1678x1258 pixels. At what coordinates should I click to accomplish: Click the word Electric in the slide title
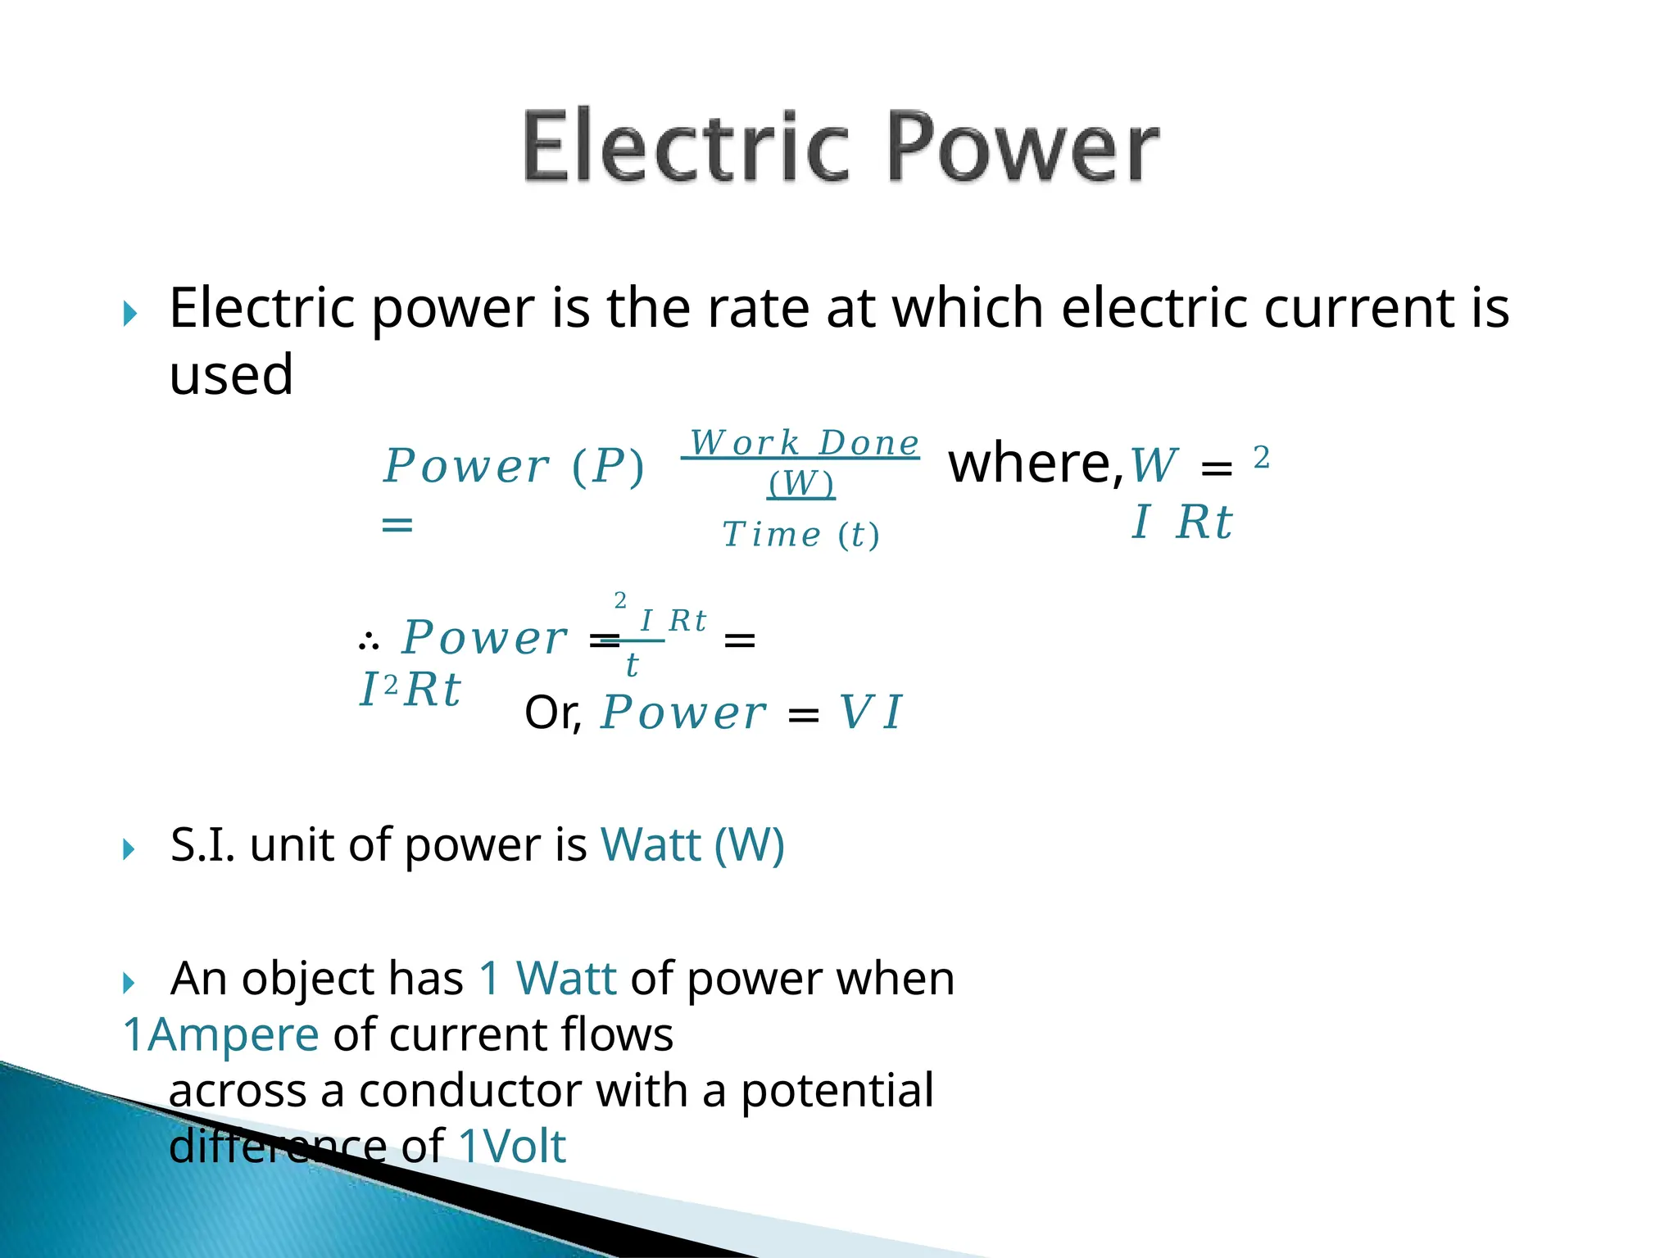[x=685, y=147]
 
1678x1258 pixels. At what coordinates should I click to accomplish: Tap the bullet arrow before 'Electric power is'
[x=129, y=313]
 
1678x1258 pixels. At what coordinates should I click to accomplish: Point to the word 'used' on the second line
[x=231, y=375]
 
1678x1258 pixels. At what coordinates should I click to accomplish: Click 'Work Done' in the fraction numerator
[x=804, y=443]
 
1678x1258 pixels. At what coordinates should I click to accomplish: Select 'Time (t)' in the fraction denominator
[x=800, y=535]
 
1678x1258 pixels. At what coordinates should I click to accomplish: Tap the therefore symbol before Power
[x=369, y=641]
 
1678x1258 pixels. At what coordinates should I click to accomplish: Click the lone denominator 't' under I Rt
[x=632, y=665]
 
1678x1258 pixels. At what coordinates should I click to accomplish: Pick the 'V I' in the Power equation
[x=870, y=712]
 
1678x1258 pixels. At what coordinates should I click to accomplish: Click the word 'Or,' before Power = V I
[x=553, y=713]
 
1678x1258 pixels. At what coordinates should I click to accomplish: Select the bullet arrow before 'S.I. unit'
[x=129, y=848]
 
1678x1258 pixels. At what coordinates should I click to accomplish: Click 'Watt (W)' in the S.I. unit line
[x=692, y=844]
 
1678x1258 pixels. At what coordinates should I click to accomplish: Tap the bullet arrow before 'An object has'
[x=129, y=982]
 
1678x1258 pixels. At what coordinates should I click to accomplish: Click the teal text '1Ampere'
[x=220, y=1034]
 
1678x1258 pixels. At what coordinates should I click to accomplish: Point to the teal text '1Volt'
[x=512, y=1146]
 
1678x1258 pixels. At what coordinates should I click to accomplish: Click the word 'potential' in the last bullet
[x=837, y=1091]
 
